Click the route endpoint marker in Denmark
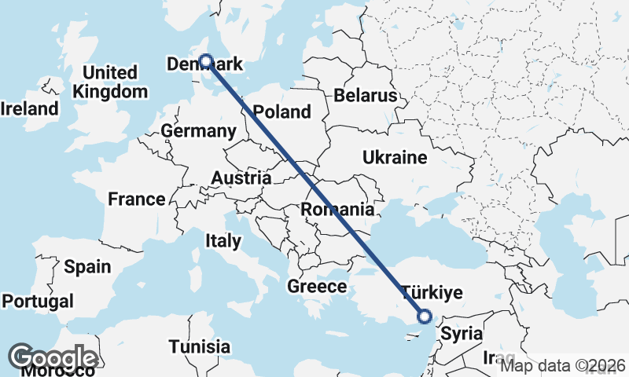[205, 60]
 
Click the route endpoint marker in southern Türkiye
[425, 317]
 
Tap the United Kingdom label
[110, 82]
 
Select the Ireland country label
[30, 108]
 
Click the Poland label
[283, 112]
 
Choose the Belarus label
[365, 96]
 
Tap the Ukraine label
[395, 158]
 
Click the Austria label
[241, 178]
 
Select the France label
[137, 199]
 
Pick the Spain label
[87, 267]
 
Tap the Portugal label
[38, 301]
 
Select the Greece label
[317, 287]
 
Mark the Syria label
[462, 333]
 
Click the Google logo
[52, 358]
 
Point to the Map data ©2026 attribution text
[563, 365]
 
